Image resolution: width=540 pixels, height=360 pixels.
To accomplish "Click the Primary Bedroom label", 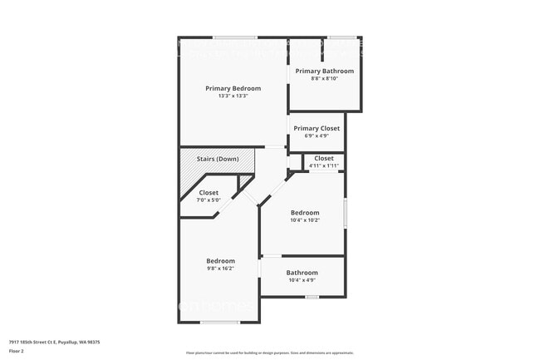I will (x=233, y=88).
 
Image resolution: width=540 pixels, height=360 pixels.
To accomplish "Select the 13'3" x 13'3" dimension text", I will (x=233, y=96).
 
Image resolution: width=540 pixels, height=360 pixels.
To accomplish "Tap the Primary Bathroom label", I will (x=325, y=72).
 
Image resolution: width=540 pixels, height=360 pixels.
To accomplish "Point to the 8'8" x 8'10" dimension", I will (x=325, y=79).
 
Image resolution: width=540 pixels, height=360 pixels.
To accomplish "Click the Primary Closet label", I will (x=317, y=129).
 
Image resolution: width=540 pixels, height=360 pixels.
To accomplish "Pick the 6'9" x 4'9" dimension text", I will (x=317, y=136).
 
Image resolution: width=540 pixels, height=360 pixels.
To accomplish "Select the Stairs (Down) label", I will (x=218, y=159).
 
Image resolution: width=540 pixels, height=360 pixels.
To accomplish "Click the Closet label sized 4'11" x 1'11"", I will (x=324, y=158).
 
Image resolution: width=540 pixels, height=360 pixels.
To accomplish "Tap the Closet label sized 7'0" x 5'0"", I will (x=209, y=193).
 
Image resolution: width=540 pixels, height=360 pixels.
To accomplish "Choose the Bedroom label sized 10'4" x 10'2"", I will (x=305, y=213).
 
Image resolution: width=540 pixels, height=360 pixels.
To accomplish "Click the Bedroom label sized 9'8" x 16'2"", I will (x=220, y=261).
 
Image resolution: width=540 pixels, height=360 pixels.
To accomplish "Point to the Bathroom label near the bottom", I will (x=302, y=273).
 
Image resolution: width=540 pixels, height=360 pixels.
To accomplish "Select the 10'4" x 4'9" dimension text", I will (x=302, y=280).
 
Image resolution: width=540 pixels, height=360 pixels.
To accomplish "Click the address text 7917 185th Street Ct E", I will (x=49, y=341).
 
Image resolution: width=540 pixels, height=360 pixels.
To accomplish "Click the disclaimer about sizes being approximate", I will (x=269, y=353).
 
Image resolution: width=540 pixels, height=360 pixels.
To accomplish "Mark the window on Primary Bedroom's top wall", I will (x=234, y=37).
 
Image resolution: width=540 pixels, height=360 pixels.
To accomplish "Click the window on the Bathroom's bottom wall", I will (x=312, y=297).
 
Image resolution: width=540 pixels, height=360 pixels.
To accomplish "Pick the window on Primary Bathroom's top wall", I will (x=342, y=37).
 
